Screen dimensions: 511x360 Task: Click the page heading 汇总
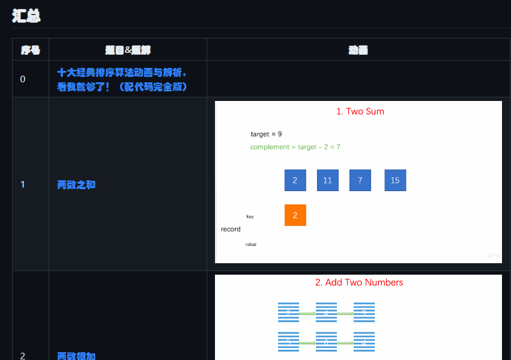[x=26, y=16]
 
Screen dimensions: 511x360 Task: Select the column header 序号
[x=31, y=50]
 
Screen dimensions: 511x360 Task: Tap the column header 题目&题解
[x=127, y=50]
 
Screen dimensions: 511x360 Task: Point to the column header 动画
[x=358, y=50]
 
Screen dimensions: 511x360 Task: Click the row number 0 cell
[x=23, y=79]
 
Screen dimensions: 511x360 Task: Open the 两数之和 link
[x=76, y=185]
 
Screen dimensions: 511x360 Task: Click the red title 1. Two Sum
[x=360, y=111]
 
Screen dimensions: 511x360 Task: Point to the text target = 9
[x=266, y=133]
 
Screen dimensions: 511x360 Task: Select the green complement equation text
[x=295, y=147]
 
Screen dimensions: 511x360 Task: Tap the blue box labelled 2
[x=295, y=180]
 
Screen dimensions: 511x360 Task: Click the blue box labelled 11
[x=327, y=180]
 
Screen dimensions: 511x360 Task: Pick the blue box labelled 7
[x=360, y=180]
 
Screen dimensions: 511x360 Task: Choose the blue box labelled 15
[x=395, y=180]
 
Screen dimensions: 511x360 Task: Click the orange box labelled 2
[x=295, y=215]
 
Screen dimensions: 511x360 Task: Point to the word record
[x=231, y=229]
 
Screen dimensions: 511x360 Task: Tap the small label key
[x=250, y=216]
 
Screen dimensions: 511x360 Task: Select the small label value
[x=251, y=245]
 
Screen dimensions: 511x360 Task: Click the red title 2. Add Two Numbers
[x=359, y=282]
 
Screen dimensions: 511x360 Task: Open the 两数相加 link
[x=76, y=356]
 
